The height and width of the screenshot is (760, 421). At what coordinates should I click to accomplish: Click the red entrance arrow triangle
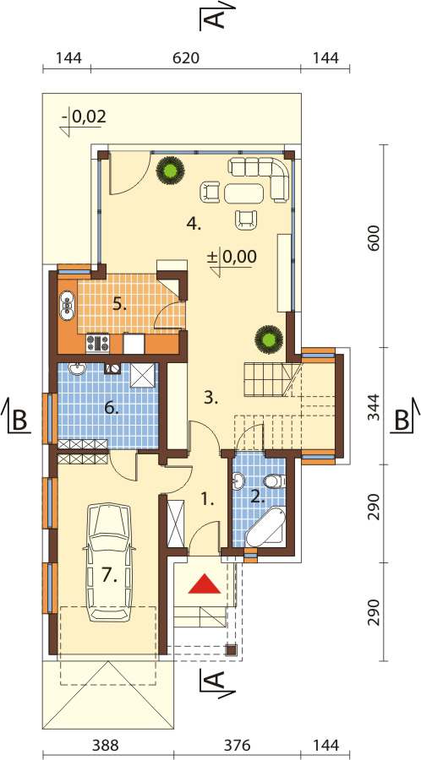[205, 584]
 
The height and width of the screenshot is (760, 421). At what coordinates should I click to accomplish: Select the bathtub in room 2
[265, 528]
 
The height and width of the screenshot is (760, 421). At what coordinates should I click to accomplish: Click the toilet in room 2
[275, 481]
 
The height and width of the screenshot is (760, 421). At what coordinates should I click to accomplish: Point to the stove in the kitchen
[97, 343]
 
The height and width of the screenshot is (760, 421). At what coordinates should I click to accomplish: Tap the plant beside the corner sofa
[170, 170]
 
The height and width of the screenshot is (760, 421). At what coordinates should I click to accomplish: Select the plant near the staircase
[269, 339]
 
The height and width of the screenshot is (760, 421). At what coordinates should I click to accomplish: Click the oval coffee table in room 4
[245, 193]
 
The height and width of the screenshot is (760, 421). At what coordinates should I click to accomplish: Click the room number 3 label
[210, 399]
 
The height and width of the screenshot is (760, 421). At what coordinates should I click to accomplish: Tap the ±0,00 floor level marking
[232, 257]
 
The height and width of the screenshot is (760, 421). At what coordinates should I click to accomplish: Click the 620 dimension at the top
[186, 58]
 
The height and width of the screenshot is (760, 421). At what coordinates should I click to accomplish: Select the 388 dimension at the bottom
[104, 744]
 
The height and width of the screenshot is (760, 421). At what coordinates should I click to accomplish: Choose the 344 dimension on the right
[374, 405]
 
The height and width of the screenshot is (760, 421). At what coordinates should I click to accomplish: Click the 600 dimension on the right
[374, 237]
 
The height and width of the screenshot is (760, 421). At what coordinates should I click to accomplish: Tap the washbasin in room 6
[77, 369]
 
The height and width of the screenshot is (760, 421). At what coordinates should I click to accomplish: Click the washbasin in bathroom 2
[239, 481]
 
